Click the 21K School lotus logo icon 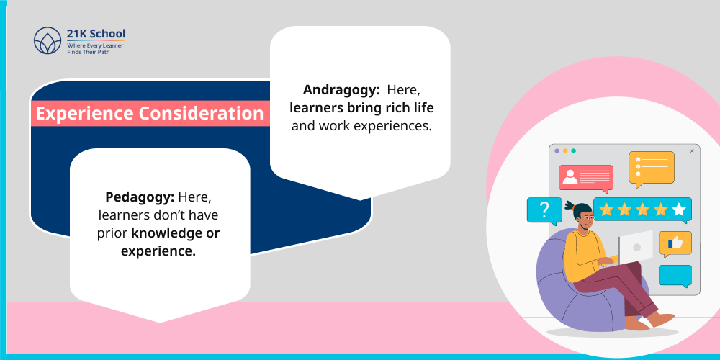(48, 41)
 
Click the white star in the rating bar (679, 210)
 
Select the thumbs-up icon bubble (675, 243)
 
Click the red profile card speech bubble (585, 177)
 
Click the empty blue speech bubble (675, 275)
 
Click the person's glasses (587, 217)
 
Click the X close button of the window (692, 151)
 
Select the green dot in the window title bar (573, 151)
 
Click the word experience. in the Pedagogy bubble (159, 252)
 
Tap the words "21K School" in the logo (96, 33)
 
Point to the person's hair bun (570, 206)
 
